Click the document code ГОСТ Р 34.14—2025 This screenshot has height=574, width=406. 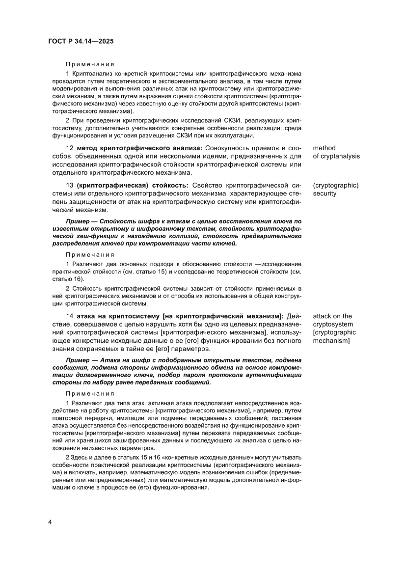coord(81,42)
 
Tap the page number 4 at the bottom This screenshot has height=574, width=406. coord(50,521)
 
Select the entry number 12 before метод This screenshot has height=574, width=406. coord(70,148)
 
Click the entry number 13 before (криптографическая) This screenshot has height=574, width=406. coord(70,185)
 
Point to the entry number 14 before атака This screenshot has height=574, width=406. coord(70,316)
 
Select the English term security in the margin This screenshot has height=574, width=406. coord(325,193)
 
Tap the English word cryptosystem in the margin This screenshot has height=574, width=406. coord(333,324)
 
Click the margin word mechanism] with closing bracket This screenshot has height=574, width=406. coord(331,341)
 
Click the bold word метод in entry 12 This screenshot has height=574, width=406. coord(88,148)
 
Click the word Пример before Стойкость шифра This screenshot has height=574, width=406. coord(77,221)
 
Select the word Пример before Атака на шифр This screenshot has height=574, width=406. coord(77,360)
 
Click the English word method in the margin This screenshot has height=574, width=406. coord(324,148)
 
